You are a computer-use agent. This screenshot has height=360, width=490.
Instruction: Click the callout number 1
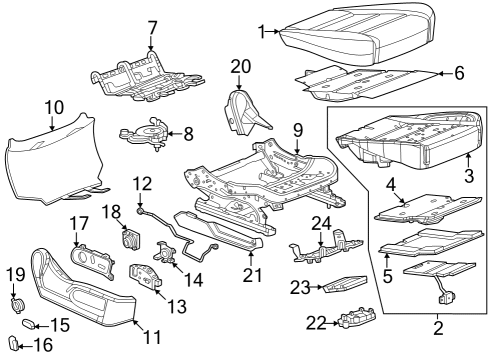(263, 33)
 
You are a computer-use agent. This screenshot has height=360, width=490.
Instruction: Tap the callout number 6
(460, 74)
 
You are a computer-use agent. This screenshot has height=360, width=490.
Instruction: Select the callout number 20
(238, 66)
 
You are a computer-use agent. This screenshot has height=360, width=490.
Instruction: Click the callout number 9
(297, 129)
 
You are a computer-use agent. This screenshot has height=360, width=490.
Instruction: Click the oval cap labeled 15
(31, 325)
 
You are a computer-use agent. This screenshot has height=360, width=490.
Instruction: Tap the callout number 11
(151, 337)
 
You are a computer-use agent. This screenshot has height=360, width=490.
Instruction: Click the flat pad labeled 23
(343, 285)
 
